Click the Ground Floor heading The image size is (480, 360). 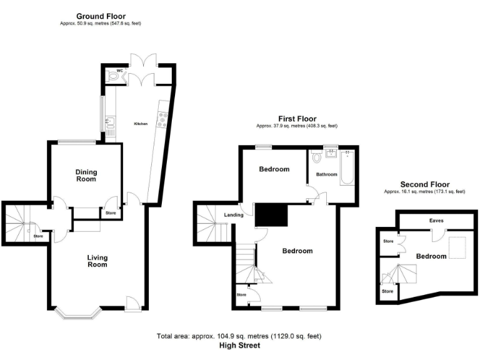(100, 16)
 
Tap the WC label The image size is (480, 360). (119, 71)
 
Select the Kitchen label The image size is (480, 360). (141, 124)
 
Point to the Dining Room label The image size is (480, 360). (86, 176)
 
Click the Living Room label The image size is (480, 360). (97, 261)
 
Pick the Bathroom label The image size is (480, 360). (326, 174)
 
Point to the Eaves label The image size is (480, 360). (436, 221)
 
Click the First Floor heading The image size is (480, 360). (297, 119)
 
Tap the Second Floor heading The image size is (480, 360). (424, 185)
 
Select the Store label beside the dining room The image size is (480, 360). (111, 213)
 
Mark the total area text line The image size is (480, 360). (239, 337)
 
